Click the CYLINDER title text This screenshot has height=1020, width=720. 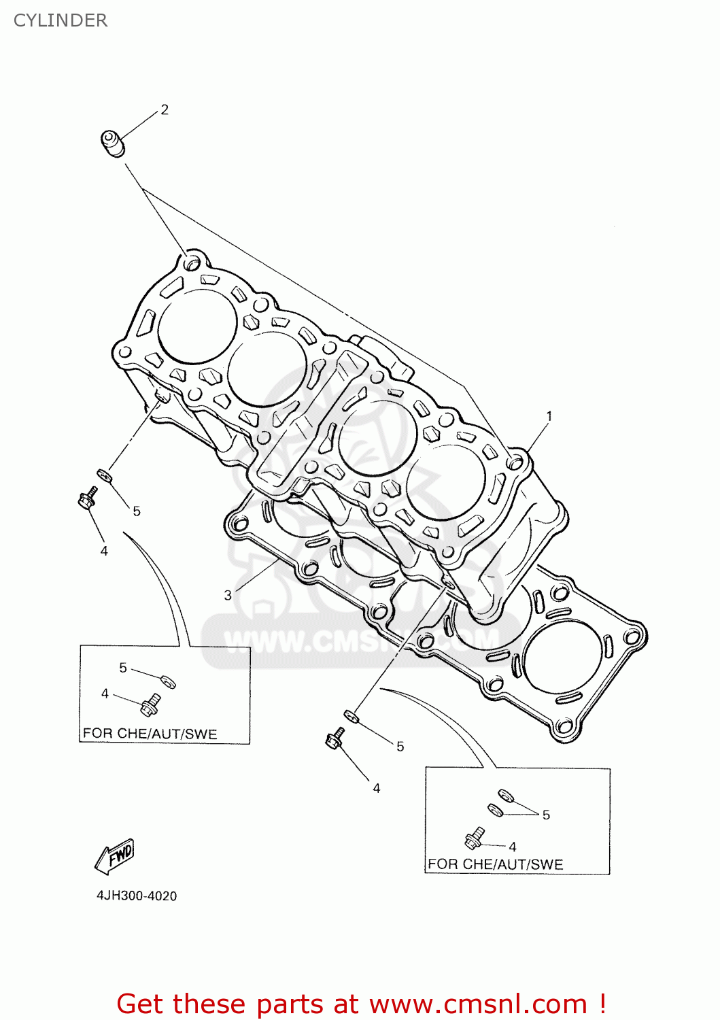pyautogui.click(x=61, y=20)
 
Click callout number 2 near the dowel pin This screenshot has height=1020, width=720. pyautogui.click(x=165, y=109)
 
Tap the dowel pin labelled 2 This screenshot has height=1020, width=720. pyautogui.click(x=114, y=143)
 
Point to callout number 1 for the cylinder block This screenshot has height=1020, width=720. pyautogui.click(x=549, y=416)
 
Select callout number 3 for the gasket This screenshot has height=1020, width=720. pyautogui.click(x=228, y=595)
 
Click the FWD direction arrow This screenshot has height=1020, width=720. pyautogui.click(x=115, y=855)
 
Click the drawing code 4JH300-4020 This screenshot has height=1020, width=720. pyautogui.click(x=137, y=896)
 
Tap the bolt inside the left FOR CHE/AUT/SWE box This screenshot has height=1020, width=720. pyautogui.click(x=150, y=704)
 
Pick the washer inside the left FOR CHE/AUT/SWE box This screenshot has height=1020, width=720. pyautogui.click(x=168, y=681)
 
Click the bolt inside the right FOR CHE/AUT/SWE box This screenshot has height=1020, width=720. pyautogui.click(x=474, y=838)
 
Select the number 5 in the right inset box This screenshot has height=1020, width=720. pyautogui.click(x=546, y=815)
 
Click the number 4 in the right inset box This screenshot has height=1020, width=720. pyautogui.click(x=513, y=847)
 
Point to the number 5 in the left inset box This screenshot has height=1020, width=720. pyautogui.click(x=123, y=668)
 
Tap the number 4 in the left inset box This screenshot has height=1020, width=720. pyautogui.click(x=105, y=694)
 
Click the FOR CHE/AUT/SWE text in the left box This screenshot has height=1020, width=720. pyautogui.click(x=150, y=734)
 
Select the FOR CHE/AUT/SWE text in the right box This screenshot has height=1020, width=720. pyautogui.click(x=495, y=864)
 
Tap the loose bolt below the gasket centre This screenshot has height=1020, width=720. pyautogui.click(x=335, y=738)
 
